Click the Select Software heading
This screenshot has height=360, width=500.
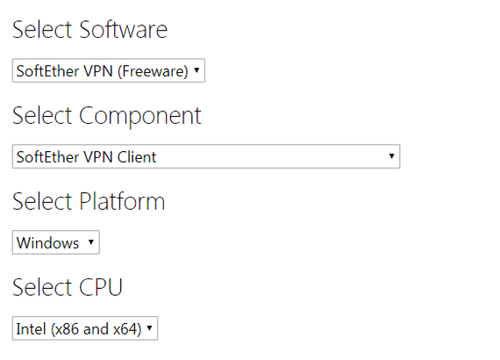[90, 29]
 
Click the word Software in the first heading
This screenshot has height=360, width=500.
[124, 29]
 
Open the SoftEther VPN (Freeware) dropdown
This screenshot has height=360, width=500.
[109, 70]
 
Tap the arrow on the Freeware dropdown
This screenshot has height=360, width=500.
[196, 70]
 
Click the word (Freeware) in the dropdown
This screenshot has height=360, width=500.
[153, 71]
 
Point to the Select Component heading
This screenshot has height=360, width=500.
[107, 116]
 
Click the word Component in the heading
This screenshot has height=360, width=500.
[140, 117]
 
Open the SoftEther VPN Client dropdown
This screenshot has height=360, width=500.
[206, 156]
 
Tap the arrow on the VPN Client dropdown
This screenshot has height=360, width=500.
[391, 155]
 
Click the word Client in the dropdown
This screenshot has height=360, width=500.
[137, 157]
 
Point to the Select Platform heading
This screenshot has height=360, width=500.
[89, 201]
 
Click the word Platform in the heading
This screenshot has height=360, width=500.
[122, 201]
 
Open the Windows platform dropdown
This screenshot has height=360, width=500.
[56, 242]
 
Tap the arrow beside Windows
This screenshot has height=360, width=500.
[91, 242]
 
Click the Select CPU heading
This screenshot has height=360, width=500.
[68, 287]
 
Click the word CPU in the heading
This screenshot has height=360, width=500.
[101, 287]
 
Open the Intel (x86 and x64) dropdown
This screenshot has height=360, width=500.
[85, 328]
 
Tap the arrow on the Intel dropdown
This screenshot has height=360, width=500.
[149, 328]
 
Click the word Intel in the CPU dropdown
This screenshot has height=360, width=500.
[31, 328]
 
